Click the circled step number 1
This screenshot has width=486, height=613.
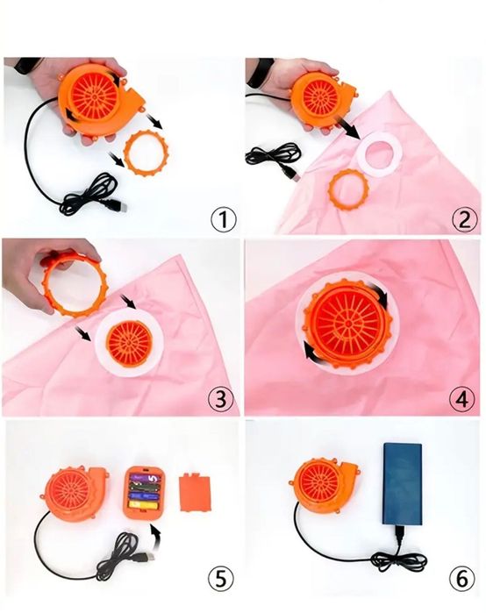click(x=224, y=219)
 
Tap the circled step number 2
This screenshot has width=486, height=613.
click(x=464, y=219)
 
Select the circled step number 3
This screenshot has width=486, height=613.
click(x=221, y=399)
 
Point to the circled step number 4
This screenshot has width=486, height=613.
click(x=462, y=399)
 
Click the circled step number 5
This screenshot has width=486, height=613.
click(x=221, y=579)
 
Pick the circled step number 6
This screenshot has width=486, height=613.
click(x=462, y=579)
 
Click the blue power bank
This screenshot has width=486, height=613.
click(x=403, y=484)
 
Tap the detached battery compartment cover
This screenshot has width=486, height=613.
click(x=196, y=492)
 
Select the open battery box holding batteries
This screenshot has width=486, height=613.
click(x=144, y=492)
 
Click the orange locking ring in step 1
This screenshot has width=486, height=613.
click(x=147, y=153)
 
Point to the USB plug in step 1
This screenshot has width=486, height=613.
click(x=118, y=205)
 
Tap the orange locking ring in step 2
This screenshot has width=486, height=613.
click(x=349, y=189)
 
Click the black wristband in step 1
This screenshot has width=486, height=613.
click(x=26, y=65)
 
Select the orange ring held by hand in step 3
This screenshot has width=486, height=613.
click(x=75, y=283)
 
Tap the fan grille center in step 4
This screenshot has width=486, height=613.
click(x=348, y=323)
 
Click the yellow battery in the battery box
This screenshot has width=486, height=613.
click(x=144, y=505)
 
